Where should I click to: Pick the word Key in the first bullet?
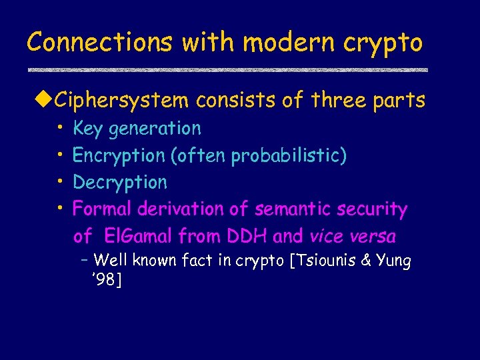[x=87, y=129]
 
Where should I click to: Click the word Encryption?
[x=119, y=156]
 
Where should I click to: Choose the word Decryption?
[x=120, y=183]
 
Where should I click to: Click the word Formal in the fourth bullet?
[x=102, y=209]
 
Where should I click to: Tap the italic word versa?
[x=372, y=236]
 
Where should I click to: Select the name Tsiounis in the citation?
[x=323, y=260]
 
